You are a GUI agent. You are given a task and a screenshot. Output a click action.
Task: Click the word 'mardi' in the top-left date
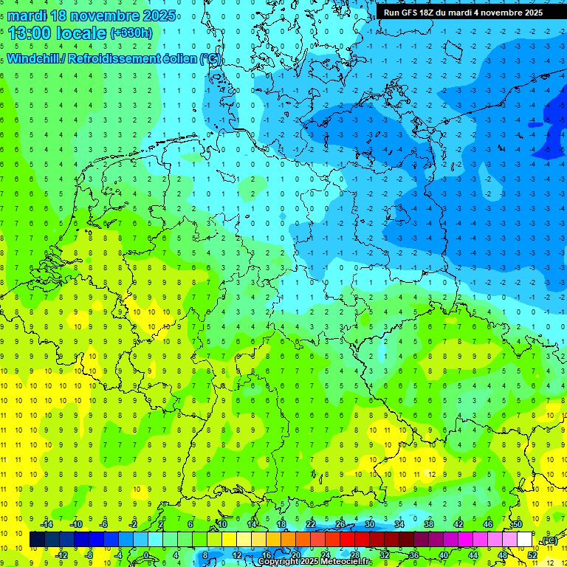[x=28, y=16]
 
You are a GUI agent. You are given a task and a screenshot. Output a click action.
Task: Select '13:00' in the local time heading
[x=30, y=32]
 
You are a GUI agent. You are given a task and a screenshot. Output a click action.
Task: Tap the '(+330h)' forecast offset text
[x=131, y=32]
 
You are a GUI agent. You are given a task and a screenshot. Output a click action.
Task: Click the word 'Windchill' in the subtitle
[x=35, y=58]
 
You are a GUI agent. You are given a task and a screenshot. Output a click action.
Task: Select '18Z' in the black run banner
[x=435, y=13]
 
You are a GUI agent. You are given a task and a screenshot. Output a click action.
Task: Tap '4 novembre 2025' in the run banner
[x=508, y=13]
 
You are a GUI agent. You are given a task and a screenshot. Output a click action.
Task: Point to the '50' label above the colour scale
[x=518, y=524]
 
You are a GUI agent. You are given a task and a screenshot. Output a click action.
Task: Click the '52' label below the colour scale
[x=532, y=554]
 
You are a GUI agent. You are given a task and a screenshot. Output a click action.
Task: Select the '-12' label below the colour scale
[x=61, y=554]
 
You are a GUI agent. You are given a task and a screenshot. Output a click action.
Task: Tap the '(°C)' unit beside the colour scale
[x=549, y=540]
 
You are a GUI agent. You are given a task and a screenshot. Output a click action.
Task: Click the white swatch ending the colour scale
[x=524, y=540]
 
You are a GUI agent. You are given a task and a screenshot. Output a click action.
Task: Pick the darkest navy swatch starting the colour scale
[x=37, y=540]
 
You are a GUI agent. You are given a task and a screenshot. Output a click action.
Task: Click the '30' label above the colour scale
[x=369, y=524]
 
